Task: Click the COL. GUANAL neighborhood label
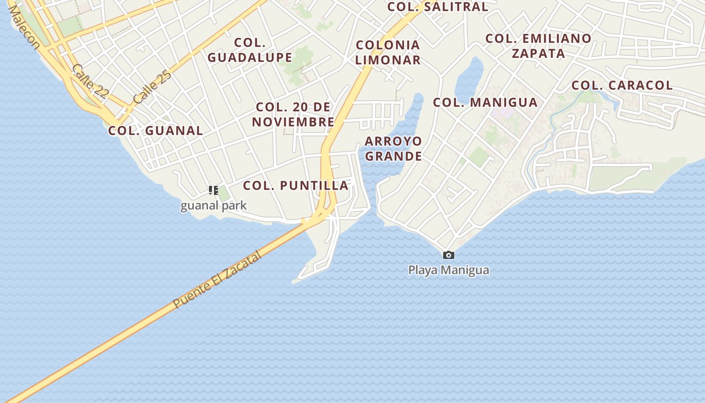(x=156, y=130)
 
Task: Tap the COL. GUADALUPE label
(x=250, y=50)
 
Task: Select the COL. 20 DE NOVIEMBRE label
(x=293, y=114)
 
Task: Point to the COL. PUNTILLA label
(x=296, y=185)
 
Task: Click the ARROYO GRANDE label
(x=393, y=149)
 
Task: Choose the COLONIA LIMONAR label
(x=388, y=52)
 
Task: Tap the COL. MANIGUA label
(x=485, y=102)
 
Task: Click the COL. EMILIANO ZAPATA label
(x=538, y=46)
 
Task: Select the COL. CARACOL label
(x=622, y=85)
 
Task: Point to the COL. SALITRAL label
(x=438, y=7)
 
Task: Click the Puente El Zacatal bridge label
(x=218, y=280)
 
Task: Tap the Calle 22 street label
(x=90, y=81)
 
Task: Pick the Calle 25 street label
(x=153, y=87)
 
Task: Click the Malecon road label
(x=24, y=28)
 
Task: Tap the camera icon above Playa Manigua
(x=448, y=255)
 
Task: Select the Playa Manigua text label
(x=448, y=270)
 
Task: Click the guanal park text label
(x=214, y=206)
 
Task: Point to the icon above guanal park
(x=213, y=190)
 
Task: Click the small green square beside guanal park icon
(x=224, y=193)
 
